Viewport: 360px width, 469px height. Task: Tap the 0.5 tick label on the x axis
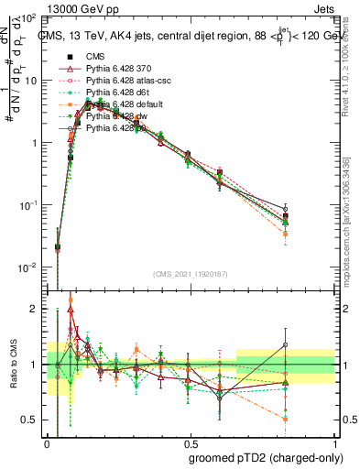click(190, 442)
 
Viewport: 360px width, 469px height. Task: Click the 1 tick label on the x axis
click(333, 442)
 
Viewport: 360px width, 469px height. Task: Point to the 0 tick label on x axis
click(47, 442)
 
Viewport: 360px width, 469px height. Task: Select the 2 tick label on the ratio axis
click(34, 309)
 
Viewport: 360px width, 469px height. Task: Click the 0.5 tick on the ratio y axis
click(29, 420)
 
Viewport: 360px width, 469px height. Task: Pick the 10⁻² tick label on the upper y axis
click(27, 267)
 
